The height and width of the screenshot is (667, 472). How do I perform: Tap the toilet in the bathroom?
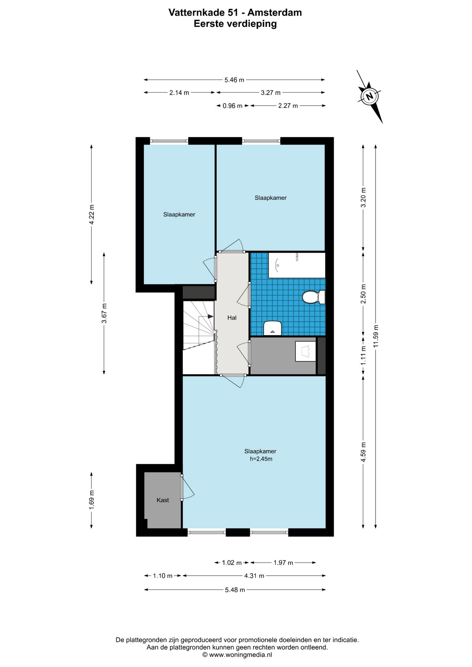point(314,297)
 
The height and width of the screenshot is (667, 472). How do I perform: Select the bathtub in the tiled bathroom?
point(297,265)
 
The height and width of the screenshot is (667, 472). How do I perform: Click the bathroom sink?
point(272,328)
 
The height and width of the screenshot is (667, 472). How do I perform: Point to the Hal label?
point(232,318)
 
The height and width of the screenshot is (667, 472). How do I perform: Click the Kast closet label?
point(163,500)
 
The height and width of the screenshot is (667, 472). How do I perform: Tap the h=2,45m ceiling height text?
point(261,459)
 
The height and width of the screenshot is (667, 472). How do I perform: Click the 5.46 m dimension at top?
point(234,80)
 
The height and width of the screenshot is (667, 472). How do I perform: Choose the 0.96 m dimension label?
point(233,106)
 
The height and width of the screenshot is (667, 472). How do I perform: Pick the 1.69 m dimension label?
point(92,500)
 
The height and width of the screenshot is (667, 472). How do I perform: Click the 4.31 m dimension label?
point(254,576)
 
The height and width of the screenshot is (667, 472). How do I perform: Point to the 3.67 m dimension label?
point(104,313)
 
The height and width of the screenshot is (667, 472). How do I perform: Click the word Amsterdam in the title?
point(275,13)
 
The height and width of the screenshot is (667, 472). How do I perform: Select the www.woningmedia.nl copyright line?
point(237,655)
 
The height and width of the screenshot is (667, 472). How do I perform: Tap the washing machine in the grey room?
point(306,351)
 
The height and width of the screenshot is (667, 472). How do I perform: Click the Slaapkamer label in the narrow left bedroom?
point(179,214)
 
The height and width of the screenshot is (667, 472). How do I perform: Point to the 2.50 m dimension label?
point(364,294)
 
